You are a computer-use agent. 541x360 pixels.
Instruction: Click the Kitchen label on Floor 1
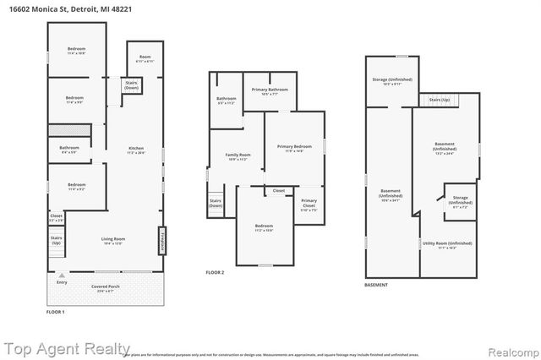point(130,151)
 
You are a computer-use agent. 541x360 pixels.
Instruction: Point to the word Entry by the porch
point(61,281)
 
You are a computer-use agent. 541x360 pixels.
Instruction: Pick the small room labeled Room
point(145,59)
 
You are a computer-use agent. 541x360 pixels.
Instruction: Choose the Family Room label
point(238,157)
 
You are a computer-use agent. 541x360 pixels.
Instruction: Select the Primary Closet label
point(309,208)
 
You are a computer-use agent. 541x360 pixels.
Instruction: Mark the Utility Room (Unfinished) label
point(447,245)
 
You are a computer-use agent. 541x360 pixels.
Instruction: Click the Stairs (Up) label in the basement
point(440,100)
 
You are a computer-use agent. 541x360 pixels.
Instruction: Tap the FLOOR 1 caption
point(55,312)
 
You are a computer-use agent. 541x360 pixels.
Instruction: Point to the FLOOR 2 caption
point(216,272)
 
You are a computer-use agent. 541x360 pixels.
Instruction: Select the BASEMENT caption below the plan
point(376,286)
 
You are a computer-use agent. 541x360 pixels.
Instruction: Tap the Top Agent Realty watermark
point(66,347)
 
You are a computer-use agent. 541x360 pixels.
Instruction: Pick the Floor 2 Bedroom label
point(264,226)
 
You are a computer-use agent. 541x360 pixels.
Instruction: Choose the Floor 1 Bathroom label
point(69,150)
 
